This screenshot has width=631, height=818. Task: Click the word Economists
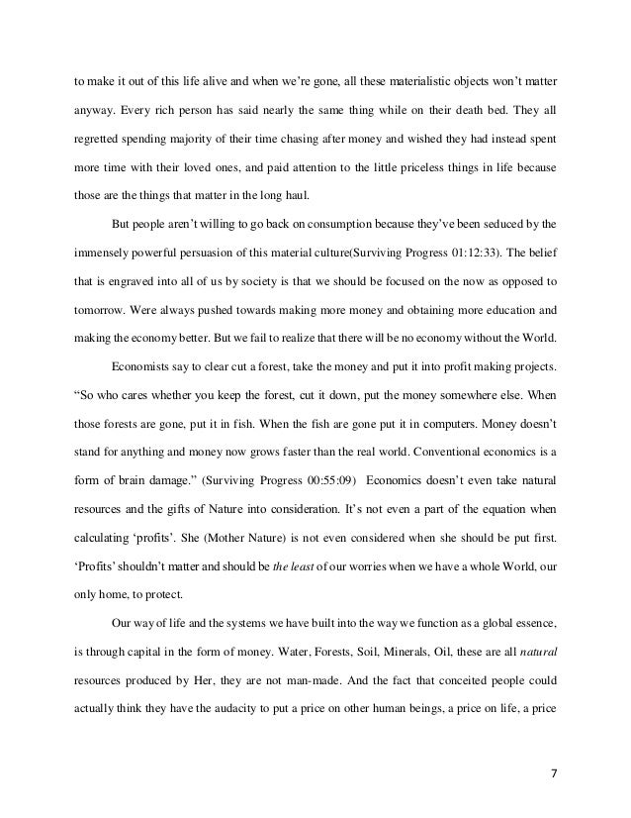(x=156, y=363)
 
